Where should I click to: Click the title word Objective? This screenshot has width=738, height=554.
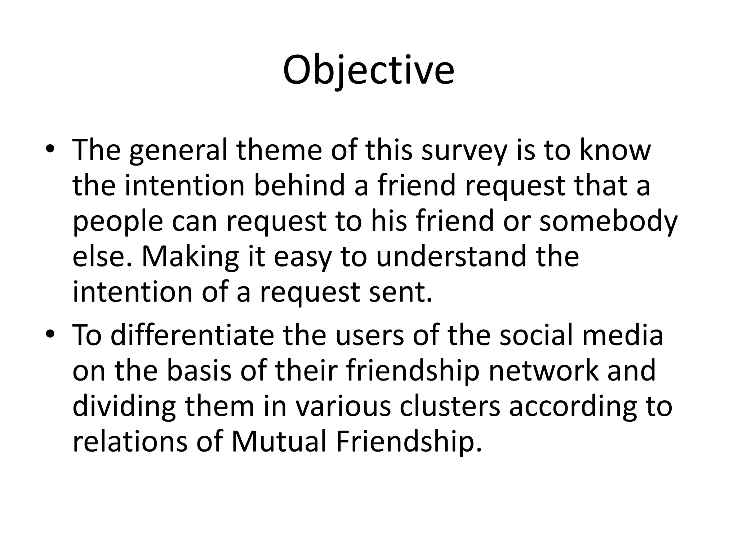(x=368, y=70)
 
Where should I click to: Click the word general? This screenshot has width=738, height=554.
(x=178, y=151)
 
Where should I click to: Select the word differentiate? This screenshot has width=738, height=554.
(x=192, y=335)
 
